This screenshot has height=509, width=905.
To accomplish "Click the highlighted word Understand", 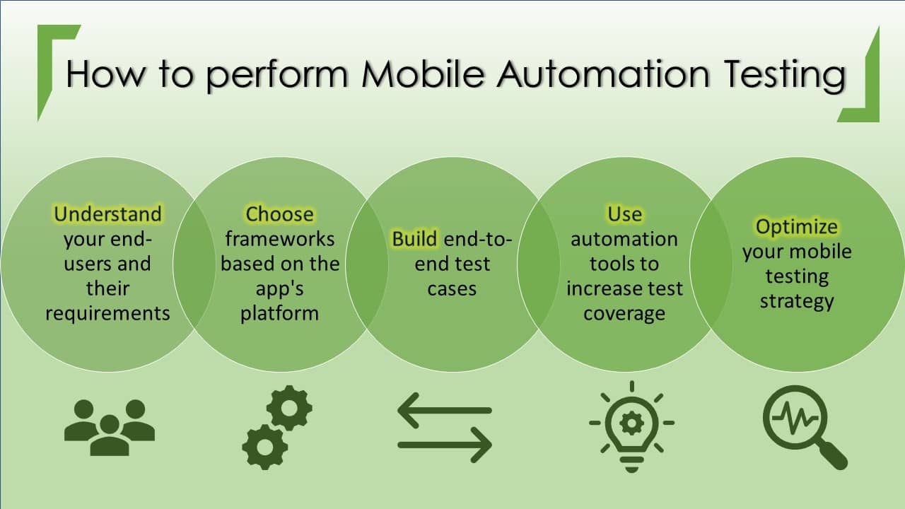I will tap(107, 213).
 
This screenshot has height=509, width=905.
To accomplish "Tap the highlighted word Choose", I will tap(279, 213).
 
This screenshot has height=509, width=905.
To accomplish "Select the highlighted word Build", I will tap(415, 239).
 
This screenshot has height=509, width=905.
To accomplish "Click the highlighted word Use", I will tap(624, 213).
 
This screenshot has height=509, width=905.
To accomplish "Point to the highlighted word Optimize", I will tap(797, 227).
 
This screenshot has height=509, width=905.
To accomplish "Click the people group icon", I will tap(109, 426).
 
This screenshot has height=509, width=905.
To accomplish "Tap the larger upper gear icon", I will tap(289, 407).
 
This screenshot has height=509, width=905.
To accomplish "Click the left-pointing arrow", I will tap(444, 410).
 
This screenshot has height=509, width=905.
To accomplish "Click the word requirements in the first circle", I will tap(107, 313).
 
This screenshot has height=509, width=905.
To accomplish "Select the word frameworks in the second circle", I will tap(279, 239).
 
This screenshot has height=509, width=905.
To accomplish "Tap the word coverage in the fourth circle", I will tap(624, 313).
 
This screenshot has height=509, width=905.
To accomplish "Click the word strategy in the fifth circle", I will tap(797, 301).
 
